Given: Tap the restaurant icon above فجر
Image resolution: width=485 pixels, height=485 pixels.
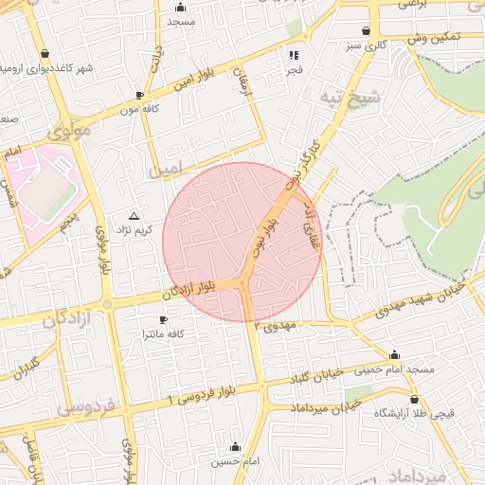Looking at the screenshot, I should [295, 54].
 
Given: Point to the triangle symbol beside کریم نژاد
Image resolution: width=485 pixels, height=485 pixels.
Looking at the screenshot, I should [133, 216].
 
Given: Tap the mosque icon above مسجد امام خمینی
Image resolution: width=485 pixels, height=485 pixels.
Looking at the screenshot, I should [394, 354].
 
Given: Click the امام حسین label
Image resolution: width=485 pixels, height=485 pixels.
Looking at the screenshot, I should [235, 460].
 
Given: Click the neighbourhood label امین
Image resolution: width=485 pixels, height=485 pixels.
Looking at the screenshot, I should [162, 170].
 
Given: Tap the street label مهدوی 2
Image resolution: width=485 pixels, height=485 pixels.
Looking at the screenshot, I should [276, 326].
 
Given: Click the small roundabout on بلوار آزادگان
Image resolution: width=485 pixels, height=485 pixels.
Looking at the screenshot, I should [108, 304].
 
